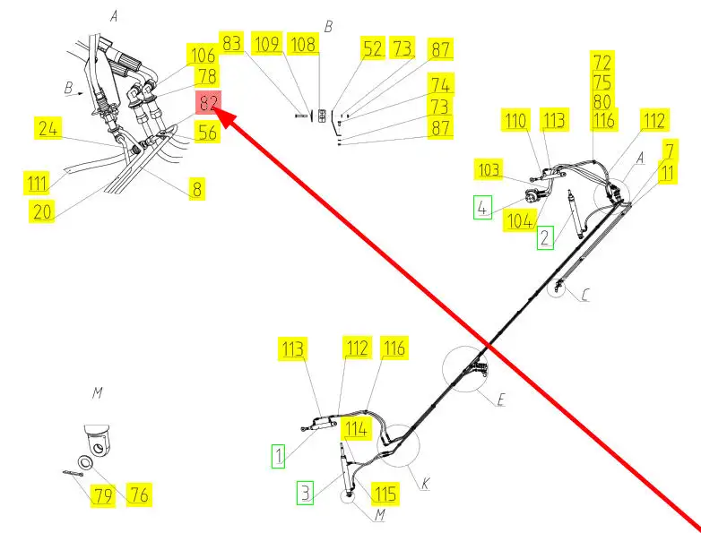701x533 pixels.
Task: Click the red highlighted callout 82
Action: (209, 102)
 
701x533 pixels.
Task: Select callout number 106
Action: (202, 56)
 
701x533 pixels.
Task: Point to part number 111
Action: (37, 185)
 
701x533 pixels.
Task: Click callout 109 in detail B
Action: (266, 43)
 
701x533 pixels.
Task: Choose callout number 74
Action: (441, 84)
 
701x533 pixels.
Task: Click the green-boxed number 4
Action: (483, 209)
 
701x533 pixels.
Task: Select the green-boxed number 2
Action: (545, 237)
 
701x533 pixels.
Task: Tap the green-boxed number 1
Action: (280, 456)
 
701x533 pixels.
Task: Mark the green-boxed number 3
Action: (306, 492)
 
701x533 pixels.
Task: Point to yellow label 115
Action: (385, 494)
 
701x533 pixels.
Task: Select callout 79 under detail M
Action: (104, 495)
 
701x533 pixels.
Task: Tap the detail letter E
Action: (500, 400)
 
